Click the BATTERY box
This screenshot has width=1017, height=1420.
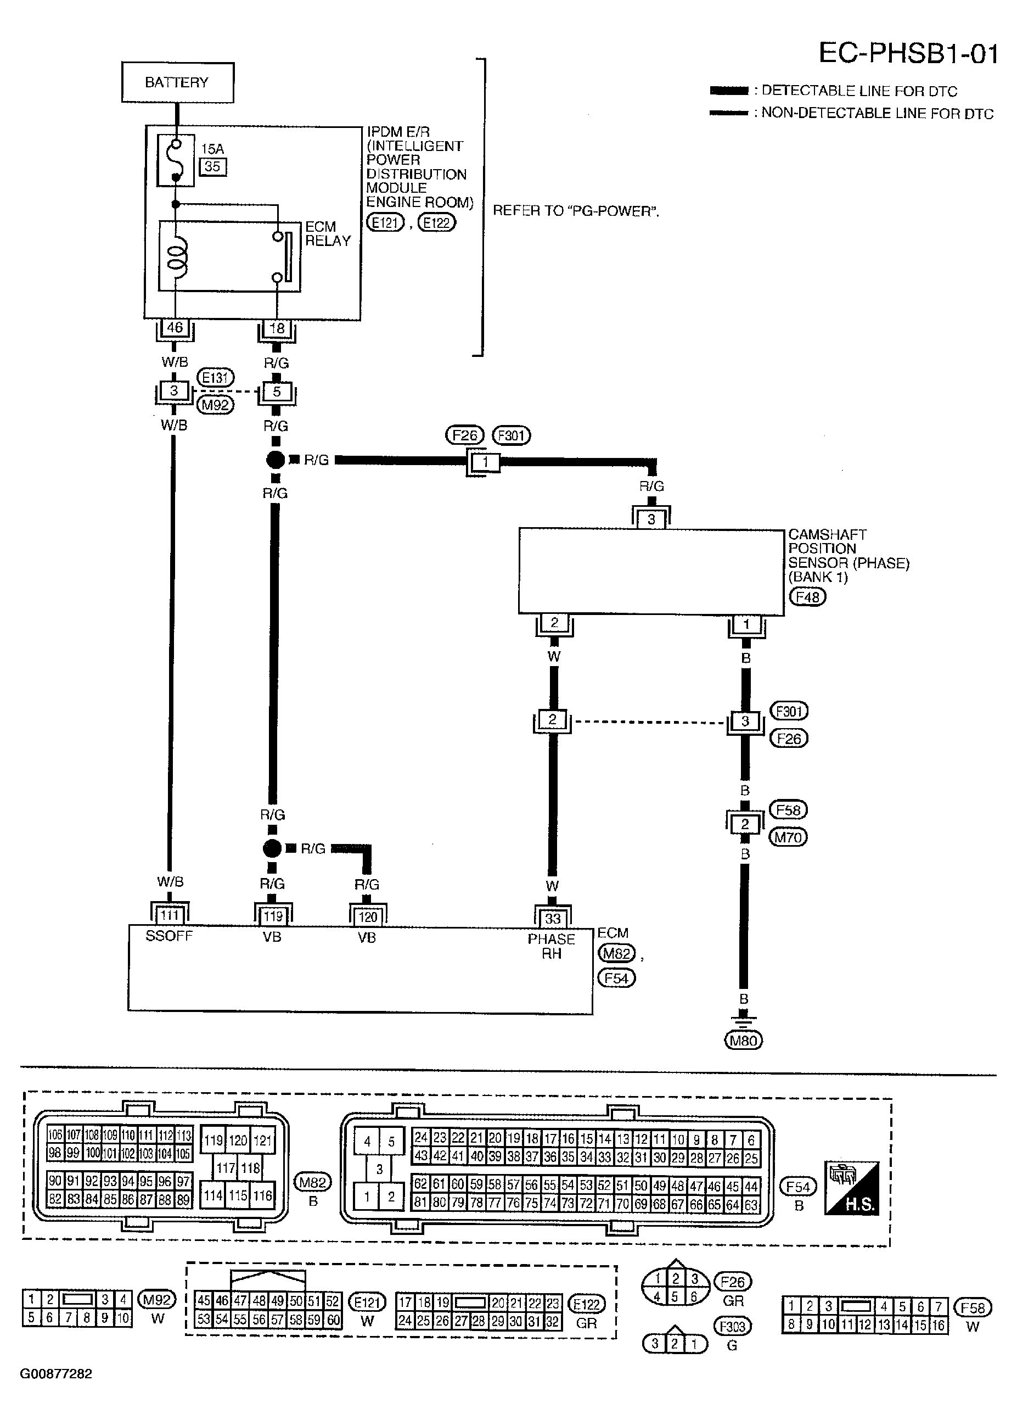pos(177,82)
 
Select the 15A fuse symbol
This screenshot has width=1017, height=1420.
pos(175,160)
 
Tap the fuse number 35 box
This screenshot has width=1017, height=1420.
pos(213,166)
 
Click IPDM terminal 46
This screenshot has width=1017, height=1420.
pos(175,327)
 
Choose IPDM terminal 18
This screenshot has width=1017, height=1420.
pos(277,328)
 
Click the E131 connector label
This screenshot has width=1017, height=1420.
pos(215,378)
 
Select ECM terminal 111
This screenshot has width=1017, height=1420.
pos(169,915)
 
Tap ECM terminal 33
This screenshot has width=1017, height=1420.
pos(553,918)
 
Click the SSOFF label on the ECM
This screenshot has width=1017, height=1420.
pos(169,936)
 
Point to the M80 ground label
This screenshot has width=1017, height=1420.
pos(744,1041)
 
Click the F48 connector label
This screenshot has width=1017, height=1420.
pos(807,597)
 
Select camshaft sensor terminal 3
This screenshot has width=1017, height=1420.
pos(651,519)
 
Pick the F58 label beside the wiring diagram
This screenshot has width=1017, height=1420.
pos(789,809)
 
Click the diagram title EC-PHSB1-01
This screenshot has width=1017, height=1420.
pos(909,54)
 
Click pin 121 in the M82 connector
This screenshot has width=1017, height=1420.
pos(263,1140)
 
